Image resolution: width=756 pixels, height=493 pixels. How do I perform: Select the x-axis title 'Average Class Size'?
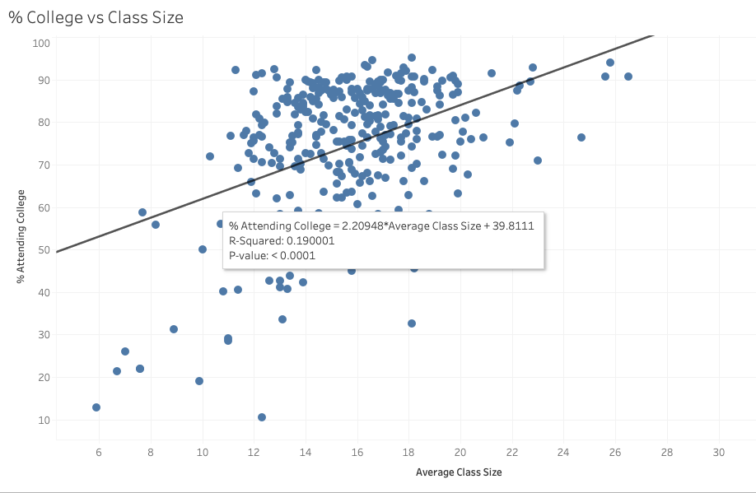click(x=459, y=472)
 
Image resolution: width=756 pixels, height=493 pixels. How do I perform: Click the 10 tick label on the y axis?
click(x=44, y=420)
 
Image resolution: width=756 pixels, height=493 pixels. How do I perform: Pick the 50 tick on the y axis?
click(x=44, y=250)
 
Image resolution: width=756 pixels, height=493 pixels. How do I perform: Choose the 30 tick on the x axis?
click(x=719, y=453)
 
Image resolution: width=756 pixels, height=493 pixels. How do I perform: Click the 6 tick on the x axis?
click(x=99, y=453)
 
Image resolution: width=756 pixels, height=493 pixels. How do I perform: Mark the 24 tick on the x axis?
click(x=564, y=453)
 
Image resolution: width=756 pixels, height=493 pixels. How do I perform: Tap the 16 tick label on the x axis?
click(x=357, y=453)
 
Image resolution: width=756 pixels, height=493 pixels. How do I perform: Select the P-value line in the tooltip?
click(x=272, y=256)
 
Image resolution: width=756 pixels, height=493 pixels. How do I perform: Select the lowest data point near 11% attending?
click(x=262, y=417)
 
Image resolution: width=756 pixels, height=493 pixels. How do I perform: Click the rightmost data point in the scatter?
click(x=628, y=77)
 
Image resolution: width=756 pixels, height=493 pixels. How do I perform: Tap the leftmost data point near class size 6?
click(x=96, y=407)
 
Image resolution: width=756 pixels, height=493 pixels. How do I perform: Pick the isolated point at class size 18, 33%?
click(x=412, y=323)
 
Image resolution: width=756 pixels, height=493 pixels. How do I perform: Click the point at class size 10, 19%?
click(x=199, y=381)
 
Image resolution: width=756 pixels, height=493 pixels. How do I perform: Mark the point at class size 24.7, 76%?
click(x=581, y=137)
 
